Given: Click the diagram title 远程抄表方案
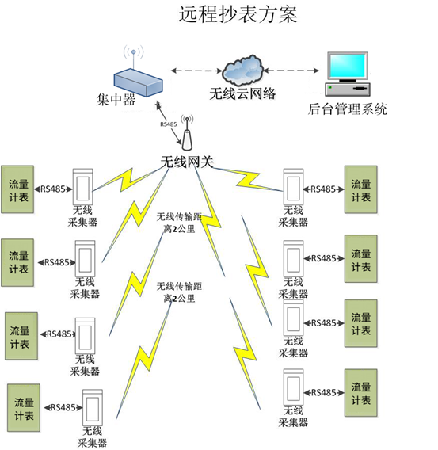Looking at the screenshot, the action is tap(238, 14).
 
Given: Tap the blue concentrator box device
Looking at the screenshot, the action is tap(139, 82).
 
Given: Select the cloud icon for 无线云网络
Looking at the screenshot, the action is tap(243, 71).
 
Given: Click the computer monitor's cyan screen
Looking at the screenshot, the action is tap(348, 66).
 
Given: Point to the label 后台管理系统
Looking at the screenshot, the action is tap(348, 109).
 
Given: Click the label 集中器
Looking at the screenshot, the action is tap(116, 100).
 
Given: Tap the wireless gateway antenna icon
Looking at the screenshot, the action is tap(187, 132).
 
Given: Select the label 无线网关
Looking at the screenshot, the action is tap(187, 162).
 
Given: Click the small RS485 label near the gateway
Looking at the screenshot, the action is tap(169, 124).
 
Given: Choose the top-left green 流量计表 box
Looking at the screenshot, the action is tap(17, 189).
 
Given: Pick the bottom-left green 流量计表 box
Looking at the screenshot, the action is tap(24, 408).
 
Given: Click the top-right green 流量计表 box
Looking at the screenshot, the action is tap(361, 189).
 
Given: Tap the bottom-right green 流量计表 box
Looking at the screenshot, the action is tap(361, 393).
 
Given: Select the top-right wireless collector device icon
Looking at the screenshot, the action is tap(293, 187).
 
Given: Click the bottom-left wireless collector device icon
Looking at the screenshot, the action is tap(93, 408).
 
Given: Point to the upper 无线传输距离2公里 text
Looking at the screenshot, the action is tap(179, 223).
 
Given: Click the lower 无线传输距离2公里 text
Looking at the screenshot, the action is tap(179, 292).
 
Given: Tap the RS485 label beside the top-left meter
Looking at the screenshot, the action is tap(53, 189).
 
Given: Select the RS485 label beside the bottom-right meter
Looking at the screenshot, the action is tap(324, 393).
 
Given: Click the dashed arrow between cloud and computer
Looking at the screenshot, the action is tap(291, 71).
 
